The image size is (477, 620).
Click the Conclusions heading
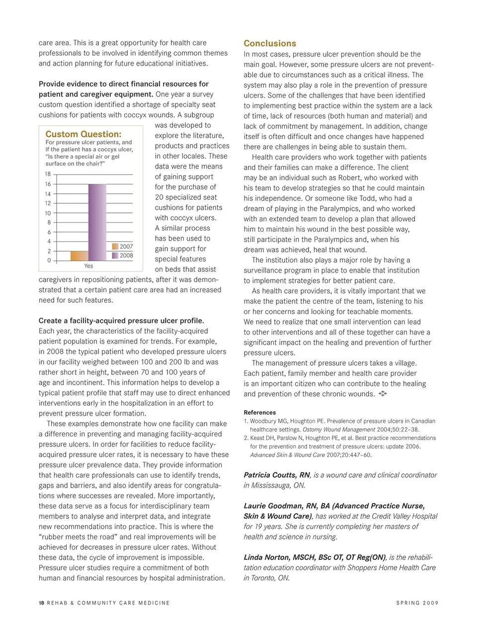[269, 43]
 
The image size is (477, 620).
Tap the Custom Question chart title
[83, 134]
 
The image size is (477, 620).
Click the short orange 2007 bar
[79, 256]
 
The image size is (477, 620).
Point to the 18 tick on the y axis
[48, 174]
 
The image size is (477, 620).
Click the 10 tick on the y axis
[48, 213]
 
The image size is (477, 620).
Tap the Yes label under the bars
[88, 266]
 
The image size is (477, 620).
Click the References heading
[259, 412]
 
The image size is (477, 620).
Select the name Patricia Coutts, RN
[277, 475]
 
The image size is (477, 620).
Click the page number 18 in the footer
[41, 603]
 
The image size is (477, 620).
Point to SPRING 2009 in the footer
[417, 603]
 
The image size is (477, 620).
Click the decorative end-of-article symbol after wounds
[383, 394]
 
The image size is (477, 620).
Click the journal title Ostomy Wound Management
[339, 430]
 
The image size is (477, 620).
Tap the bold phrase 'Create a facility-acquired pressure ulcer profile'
[121, 321]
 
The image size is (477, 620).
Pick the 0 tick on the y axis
[49, 261]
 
